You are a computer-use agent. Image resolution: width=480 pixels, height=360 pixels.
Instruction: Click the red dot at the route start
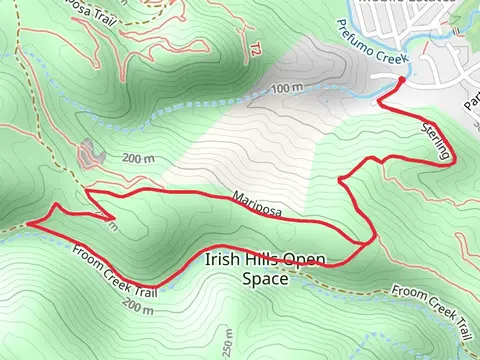[x=401, y=79]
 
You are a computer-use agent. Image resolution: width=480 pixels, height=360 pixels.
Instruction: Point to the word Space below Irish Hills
[x=265, y=280]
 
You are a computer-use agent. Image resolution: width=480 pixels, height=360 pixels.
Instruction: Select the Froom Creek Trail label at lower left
[x=115, y=271]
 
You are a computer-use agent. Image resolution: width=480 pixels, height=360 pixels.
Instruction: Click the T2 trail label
[x=256, y=48]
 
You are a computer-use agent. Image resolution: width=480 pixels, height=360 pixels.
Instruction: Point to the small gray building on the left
[x=92, y=152]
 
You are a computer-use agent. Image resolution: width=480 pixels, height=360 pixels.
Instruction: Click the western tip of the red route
[x=28, y=224]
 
